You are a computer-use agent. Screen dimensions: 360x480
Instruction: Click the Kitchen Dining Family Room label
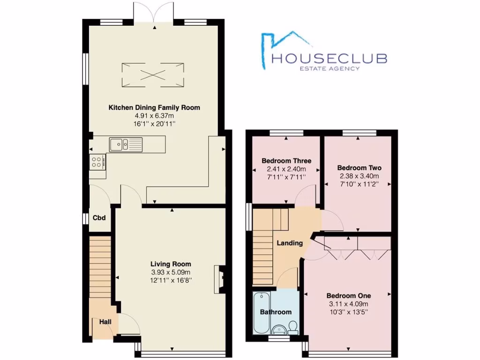click(x=154, y=108)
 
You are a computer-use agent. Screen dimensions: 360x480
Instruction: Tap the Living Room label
click(x=171, y=264)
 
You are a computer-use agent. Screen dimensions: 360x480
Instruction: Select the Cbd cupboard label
click(x=98, y=218)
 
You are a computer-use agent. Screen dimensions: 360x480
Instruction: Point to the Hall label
click(x=105, y=322)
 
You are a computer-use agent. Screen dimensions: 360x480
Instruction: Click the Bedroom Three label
click(x=286, y=161)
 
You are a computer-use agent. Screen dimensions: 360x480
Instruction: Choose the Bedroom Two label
click(x=359, y=168)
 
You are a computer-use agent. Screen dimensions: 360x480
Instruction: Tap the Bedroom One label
click(x=348, y=296)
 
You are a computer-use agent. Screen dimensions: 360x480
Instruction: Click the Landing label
click(x=290, y=243)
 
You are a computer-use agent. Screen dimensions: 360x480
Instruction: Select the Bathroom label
click(x=276, y=312)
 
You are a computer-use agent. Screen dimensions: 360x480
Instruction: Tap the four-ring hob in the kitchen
click(x=98, y=162)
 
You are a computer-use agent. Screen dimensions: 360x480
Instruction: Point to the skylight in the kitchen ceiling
click(x=153, y=75)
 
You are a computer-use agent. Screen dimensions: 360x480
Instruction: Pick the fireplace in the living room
click(x=219, y=279)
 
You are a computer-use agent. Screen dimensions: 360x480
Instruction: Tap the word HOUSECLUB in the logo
click(x=330, y=58)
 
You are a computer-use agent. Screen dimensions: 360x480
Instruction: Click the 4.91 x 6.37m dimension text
click(x=154, y=116)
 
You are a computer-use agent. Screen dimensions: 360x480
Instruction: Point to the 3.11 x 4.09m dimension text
click(x=348, y=304)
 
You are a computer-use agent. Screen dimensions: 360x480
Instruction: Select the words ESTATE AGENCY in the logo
click(x=330, y=68)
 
